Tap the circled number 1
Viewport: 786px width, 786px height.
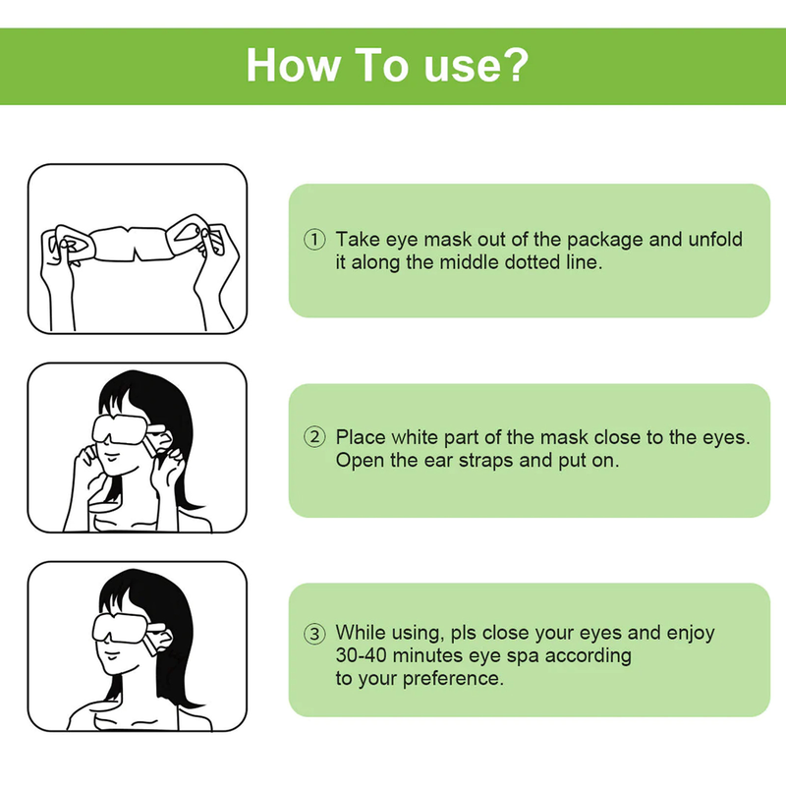314,239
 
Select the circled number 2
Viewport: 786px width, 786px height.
314,437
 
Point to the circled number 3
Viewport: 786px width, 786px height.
314,634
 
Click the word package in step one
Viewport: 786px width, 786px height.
605,240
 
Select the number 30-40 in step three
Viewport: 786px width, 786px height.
361,655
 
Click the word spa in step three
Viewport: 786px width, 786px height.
523,656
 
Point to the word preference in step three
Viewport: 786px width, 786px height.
452,679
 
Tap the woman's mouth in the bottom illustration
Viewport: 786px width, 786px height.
111,654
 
